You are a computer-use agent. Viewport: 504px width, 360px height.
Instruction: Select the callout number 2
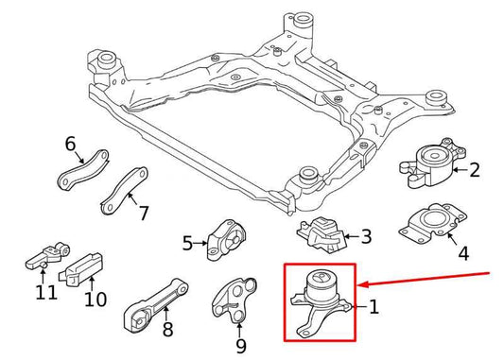pos(475,170)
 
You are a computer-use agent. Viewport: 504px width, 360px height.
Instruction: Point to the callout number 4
pos(462,253)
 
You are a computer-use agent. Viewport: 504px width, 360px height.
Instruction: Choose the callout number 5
pos(187,243)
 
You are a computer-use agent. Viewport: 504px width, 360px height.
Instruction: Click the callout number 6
pos(70,145)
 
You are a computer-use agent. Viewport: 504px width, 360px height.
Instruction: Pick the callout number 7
pos(144,213)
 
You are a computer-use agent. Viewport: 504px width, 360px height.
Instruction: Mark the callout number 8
pos(167,330)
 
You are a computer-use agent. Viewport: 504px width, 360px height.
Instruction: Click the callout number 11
pos(40,293)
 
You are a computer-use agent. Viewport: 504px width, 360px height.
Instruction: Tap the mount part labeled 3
pos(321,233)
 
